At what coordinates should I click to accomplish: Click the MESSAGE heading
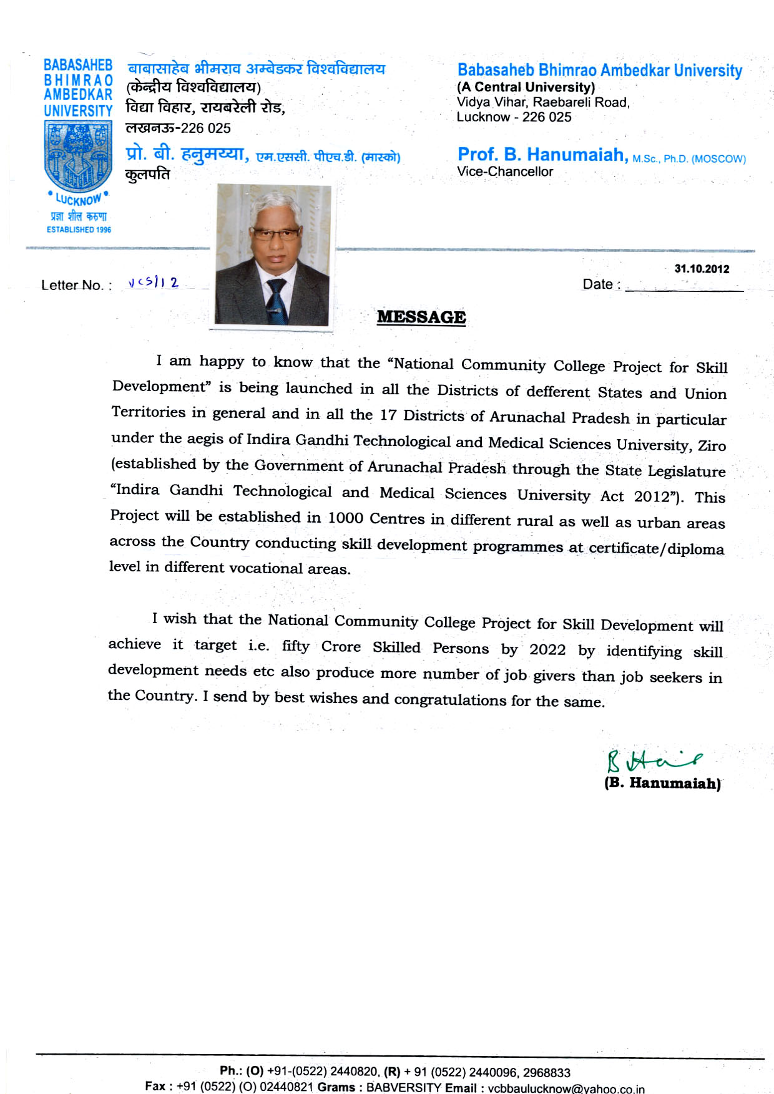tap(421, 317)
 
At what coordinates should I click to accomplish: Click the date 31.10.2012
tap(702, 269)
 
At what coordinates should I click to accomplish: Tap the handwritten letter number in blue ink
tap(154, 283)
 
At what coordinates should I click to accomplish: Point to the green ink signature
tap(653, 760)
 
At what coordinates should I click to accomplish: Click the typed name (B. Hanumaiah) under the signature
tap(662, 783)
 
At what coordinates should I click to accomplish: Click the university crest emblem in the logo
tap(78, 156)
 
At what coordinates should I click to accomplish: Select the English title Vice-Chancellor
tap(505, 172)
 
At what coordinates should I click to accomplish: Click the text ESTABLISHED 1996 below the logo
tap(79, 230)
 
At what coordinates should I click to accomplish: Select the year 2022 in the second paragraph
tap(547, 649)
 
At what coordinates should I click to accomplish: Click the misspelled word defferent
tap(557, 392)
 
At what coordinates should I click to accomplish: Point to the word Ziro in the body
tap(712, 445)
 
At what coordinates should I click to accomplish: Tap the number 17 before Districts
tap(388, 415)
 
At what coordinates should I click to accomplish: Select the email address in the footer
tap(566, 1088)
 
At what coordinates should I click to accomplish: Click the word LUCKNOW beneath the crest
tap(79, 200)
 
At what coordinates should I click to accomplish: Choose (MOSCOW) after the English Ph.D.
tap(718, 159)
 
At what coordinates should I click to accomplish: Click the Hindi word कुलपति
tap(148, 175)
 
